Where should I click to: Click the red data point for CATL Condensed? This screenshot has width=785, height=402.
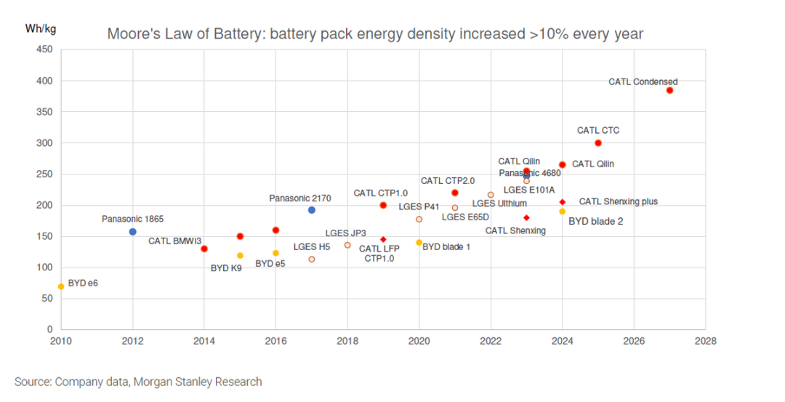(669, 90)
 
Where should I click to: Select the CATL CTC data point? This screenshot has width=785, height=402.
(598, 143)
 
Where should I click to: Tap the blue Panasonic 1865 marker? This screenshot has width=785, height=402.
(132, 232)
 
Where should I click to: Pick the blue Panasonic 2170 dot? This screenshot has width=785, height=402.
(312, 210)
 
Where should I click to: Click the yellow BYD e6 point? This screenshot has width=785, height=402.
(61, 286)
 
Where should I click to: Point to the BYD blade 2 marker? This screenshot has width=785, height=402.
(562, 212)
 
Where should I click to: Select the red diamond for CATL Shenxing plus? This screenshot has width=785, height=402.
(562, 202)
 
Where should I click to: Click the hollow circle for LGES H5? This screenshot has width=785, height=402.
(312, 260)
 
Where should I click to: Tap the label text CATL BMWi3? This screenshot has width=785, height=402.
(175, 241)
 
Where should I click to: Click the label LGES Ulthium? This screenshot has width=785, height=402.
(499, 204)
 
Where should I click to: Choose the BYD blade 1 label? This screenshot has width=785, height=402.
(446, 246)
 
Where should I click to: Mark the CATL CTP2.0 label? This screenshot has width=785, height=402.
(448, 180)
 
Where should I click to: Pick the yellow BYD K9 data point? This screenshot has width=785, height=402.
(240, 256)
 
